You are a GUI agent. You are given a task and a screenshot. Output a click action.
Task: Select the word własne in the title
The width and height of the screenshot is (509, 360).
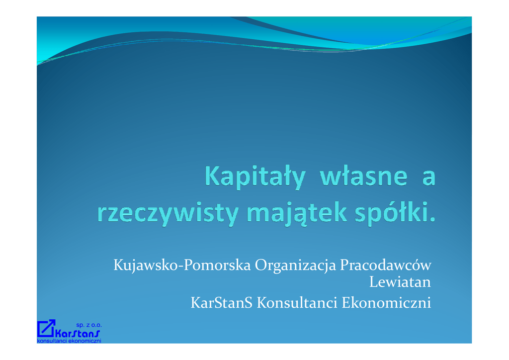point(364,176)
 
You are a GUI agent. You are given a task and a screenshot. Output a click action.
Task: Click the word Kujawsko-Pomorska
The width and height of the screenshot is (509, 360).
point(182,265)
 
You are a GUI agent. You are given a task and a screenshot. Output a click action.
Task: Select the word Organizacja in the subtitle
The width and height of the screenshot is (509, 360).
point(295,265)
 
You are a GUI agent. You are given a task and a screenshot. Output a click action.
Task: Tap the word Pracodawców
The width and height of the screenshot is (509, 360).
point(386,265)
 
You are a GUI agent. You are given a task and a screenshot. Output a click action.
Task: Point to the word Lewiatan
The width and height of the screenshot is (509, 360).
point(400,282)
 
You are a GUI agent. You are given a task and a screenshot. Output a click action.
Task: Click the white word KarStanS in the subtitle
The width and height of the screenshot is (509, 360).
point(221,302)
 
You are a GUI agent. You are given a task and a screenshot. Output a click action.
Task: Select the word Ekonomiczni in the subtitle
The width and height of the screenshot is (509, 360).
point(386,302)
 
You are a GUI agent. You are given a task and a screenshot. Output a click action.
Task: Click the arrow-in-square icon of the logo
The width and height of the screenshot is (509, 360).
point(46,328)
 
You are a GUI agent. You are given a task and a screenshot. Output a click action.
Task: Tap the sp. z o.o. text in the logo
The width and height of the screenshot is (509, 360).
point(89,325)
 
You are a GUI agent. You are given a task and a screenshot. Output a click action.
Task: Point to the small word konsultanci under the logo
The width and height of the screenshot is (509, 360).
point(52,341)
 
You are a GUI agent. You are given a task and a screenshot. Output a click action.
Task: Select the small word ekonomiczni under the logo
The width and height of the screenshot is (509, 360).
point(85,341)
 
